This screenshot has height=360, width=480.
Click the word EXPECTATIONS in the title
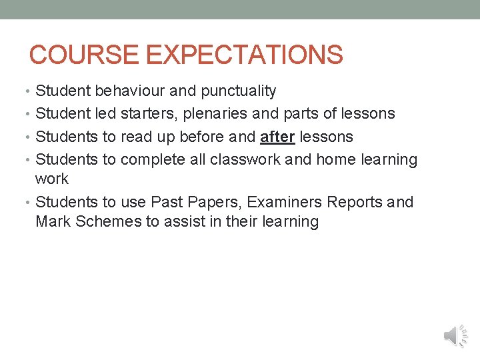244,55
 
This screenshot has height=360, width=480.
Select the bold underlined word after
277,137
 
